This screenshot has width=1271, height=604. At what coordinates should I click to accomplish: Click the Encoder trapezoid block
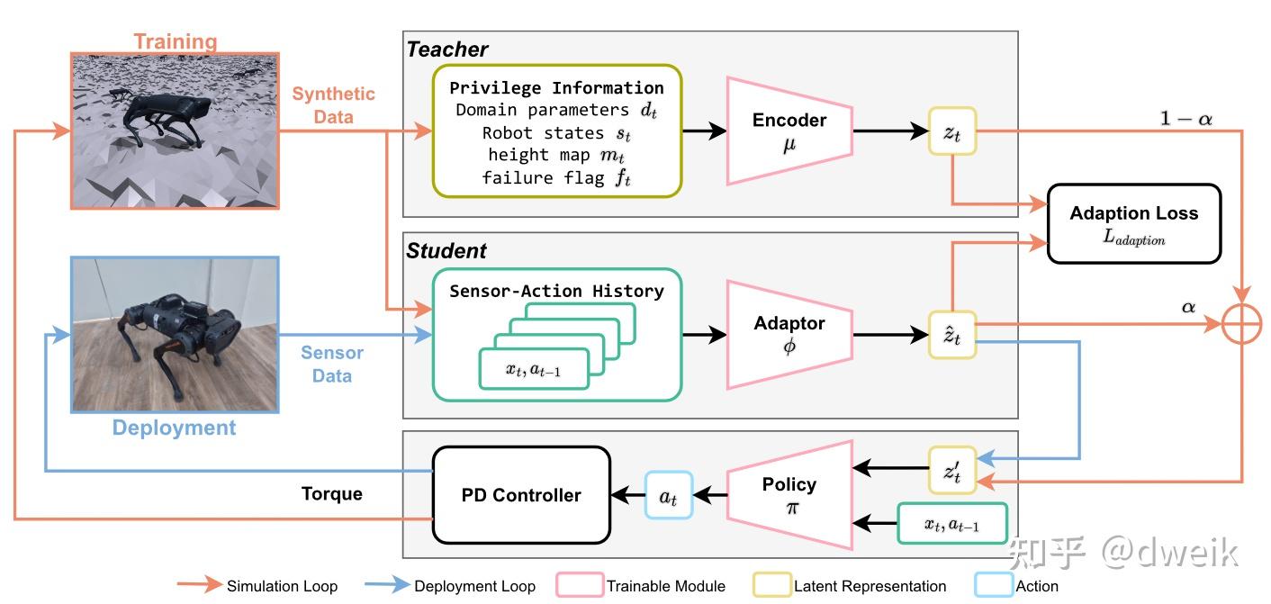point(789,131)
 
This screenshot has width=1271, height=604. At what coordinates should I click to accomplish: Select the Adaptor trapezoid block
point(789,335)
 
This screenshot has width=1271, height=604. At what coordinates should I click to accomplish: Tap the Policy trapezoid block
point(789,495)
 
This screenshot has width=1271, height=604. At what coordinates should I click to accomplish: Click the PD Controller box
point(521,495)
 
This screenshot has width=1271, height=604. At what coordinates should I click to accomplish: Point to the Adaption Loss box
point(1133,223)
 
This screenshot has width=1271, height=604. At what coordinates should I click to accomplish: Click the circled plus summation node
point(1241,324)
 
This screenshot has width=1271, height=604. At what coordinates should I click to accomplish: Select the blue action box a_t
point(669,495)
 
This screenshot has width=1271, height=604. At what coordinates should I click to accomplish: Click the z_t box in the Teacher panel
point(952,131)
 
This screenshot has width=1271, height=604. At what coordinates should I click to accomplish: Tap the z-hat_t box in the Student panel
point(952,335)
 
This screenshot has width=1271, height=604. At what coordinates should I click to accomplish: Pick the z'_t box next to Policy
point(952,470)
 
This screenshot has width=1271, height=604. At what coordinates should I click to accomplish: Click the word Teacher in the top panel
point(447,50)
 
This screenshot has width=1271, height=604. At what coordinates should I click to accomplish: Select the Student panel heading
point(446,250)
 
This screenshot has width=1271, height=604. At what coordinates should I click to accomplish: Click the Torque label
point(332,493)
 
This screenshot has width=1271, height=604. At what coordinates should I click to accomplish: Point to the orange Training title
point(176,41)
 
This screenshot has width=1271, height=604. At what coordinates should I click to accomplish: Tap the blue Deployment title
point(174,428)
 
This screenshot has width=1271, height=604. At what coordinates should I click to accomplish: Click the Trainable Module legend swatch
point(580,585)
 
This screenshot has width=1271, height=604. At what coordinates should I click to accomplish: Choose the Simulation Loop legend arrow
point(199,584)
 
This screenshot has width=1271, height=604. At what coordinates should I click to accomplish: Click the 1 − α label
point(1185,118)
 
